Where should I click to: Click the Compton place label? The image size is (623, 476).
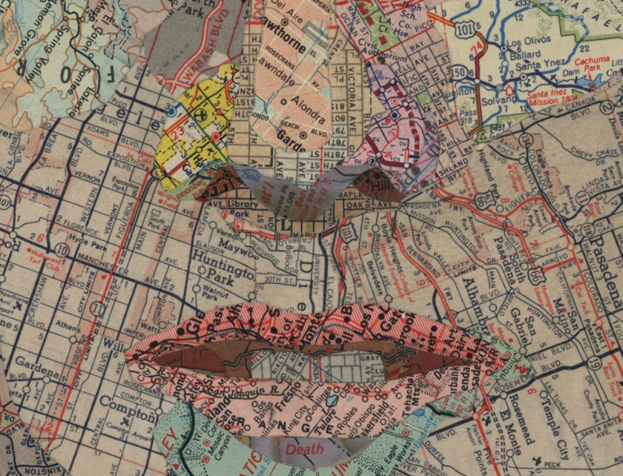(128, 414)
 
